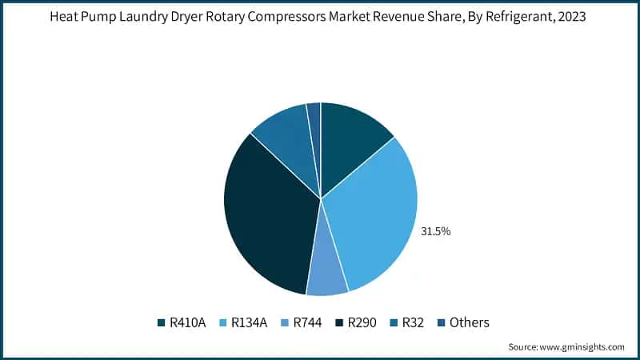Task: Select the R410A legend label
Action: pyautogui.click(x=187, y=322)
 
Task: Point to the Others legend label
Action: pyautogui.click(x=469, y=322)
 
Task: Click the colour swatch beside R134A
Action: pyautogui.click(x=223, y=323)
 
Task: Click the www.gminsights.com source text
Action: pyautogui.click(x=583, y=346)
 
